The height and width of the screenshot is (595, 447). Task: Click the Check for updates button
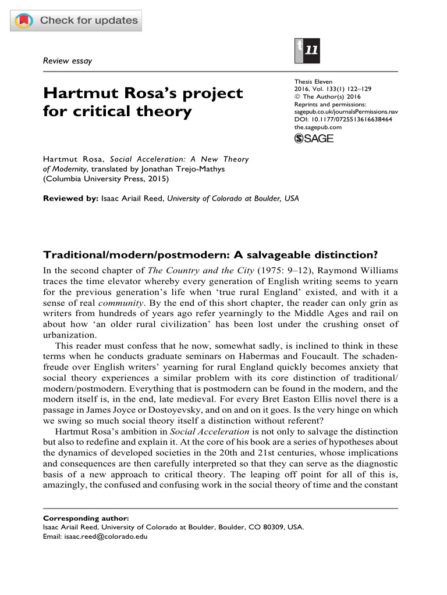(76, 21)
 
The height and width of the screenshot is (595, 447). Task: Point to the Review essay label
(68, 60)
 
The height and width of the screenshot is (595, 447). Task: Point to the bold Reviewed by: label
(70, 198)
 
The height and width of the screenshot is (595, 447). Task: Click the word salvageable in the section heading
(257, 256)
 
